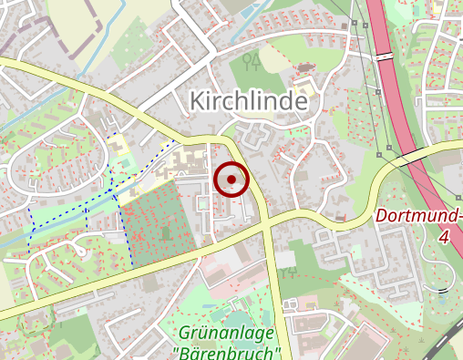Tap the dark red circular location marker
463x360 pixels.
231,180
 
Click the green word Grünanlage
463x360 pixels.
227,334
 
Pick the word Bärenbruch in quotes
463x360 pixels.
227,352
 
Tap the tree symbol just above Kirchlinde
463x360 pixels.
252,63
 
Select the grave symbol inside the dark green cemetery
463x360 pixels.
166,232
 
